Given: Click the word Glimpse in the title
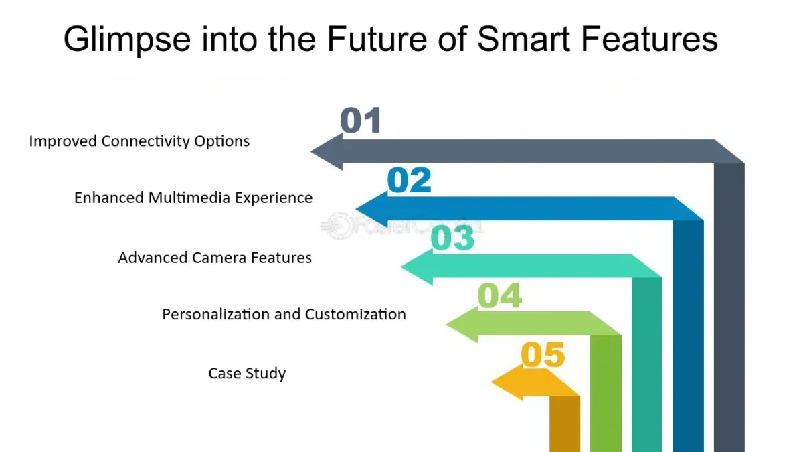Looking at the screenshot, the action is point(127,40).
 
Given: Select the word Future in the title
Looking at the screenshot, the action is point(377,39).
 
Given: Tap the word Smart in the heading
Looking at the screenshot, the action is point(524,39).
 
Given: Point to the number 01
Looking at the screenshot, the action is point(361,120).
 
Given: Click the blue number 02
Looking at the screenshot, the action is point(409,179).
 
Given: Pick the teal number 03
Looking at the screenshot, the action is point(452,238).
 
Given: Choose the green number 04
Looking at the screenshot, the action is point(500,295).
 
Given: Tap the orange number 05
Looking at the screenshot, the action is point(543,354).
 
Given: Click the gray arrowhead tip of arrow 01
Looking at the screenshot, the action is point(311,151).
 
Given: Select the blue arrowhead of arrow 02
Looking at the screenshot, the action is point(372,209).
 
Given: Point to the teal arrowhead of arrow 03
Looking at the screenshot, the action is point(417,267).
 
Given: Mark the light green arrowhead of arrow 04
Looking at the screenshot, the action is point(462,325).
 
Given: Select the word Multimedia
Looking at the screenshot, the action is point(189,198).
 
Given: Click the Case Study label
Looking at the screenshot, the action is point(247,374).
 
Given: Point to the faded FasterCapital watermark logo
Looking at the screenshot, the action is point(401,226).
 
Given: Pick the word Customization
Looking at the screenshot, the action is point(355,315).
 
